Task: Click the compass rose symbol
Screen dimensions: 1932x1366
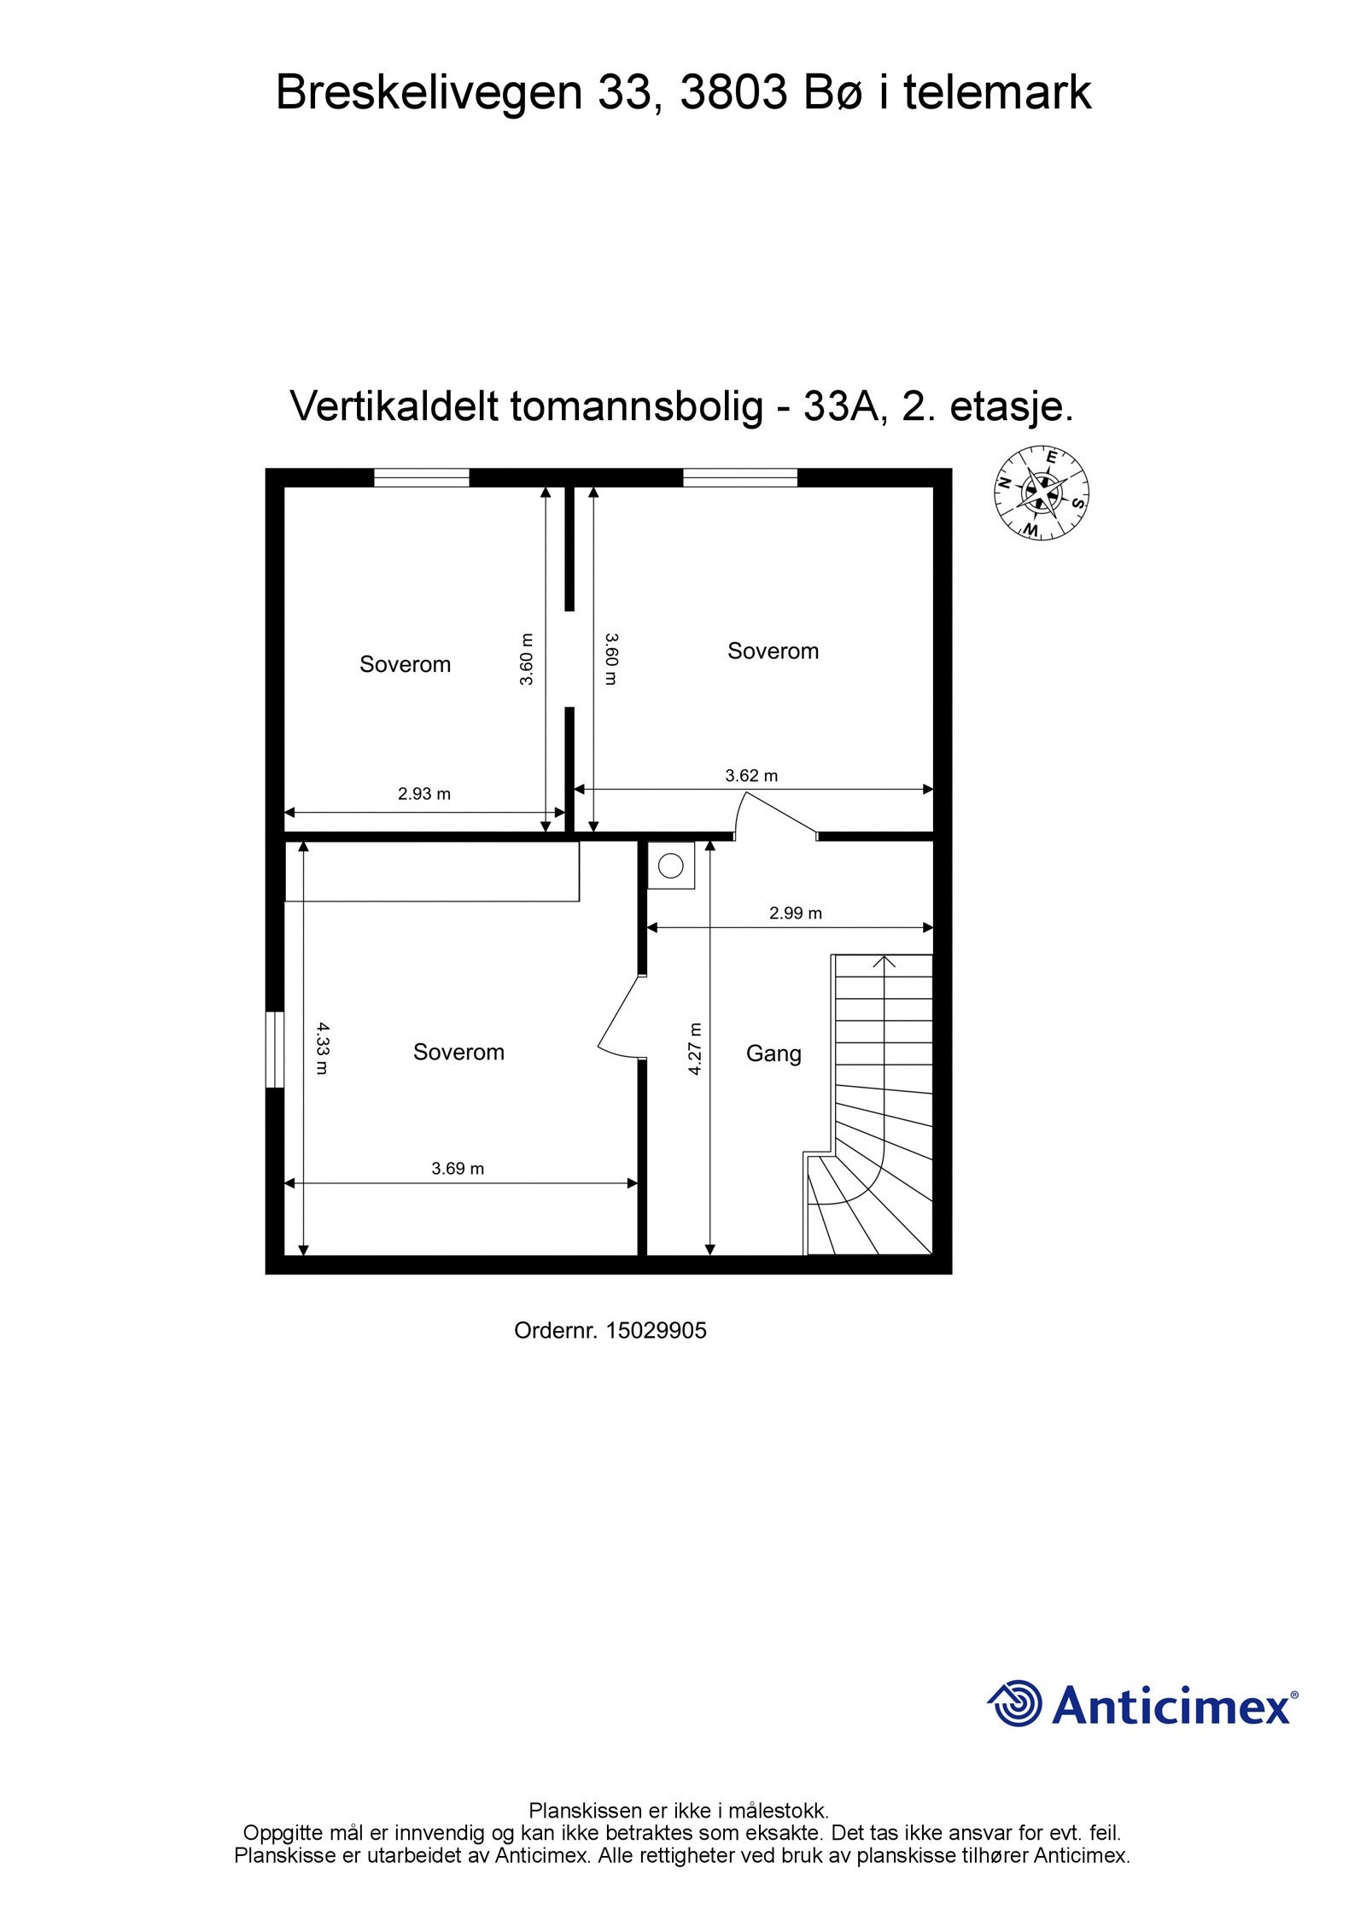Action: coord(1041,493)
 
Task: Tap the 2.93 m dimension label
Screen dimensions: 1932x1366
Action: coord(424,794)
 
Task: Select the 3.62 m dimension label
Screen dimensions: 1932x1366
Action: coord(751,776)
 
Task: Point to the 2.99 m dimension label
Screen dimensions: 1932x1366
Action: coord(796,913)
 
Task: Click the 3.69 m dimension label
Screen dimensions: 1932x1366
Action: coord(458,1168)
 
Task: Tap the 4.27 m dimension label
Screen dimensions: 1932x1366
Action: coord(695,1048)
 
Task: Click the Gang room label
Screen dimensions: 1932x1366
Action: coord(773,1054)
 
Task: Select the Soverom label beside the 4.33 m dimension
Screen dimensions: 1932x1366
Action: coord(458,1052)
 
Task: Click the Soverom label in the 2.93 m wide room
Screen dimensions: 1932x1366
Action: coord(405,664)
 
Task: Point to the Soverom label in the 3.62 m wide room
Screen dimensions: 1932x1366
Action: coord(773,651)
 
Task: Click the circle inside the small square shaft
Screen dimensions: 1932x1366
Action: coord(671,866)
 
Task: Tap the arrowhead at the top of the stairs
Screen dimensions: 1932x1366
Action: coord(884,962)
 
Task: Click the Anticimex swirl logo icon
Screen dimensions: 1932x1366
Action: coord(1014,1703)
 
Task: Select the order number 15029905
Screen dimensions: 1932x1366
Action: coord(656,1331)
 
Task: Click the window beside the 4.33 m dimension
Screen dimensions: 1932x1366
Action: coord(274,1049)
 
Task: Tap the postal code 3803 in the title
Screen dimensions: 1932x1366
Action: coord(733,93)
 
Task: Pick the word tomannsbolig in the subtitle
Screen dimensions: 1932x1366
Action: coord(636,406)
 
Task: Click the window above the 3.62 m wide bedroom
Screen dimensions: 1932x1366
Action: coord(740,478)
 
